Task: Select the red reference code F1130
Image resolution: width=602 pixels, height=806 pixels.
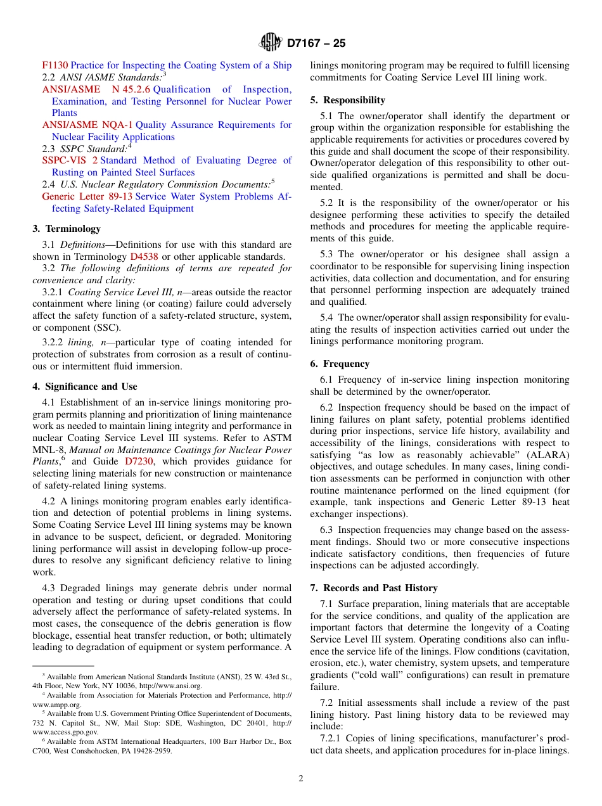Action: coord(54,65)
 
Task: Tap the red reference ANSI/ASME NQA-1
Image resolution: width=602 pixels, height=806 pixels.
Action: coord(87,125)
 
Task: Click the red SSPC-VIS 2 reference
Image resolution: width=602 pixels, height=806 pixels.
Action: coord(70,160)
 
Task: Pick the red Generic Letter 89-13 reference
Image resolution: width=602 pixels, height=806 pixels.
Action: coord(87,196)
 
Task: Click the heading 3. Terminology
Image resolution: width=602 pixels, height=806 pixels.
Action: coord(67,229)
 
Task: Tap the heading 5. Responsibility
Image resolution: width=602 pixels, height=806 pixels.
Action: coord(347,100)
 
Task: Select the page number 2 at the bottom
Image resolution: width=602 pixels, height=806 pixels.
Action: coord(301,779)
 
